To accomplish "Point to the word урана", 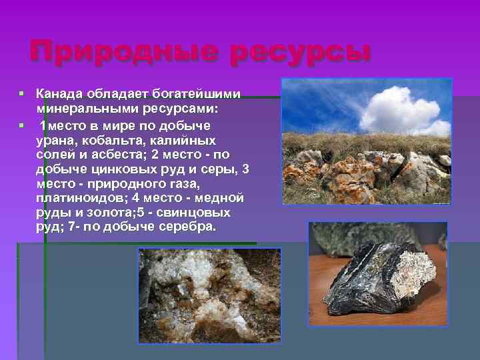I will pos(53,141).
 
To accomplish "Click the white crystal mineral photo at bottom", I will pos(209,295).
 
